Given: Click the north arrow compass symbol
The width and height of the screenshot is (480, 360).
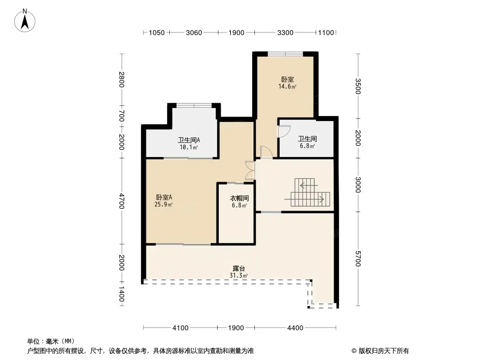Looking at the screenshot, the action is pyautogui.click(x=25, y=21).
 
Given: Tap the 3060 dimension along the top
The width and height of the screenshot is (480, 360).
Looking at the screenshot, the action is pyautogui.click(x=194, y=33).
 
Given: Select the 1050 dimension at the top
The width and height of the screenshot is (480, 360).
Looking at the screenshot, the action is pyautogui.click(x=157, y=33).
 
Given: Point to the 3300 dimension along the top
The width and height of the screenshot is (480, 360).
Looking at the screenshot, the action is pyautogui.click(x=285, y=33).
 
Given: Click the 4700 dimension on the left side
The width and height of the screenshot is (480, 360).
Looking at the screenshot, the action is pyautogui.click(x=122, y=201).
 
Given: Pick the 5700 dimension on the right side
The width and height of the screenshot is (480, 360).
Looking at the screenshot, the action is pyautogui.click(x=358, y=259).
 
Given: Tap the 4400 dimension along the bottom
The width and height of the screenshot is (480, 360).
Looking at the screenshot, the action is pyautogui.click(x=295, y=328).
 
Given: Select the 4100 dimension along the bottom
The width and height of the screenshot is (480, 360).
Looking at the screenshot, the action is pyautogui.click(x=180, y=328).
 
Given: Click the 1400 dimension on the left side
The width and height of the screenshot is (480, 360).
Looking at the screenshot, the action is pyautogui.click(x=122, y=294).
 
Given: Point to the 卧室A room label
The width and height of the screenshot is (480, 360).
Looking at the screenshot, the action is pyautogui.click(x=164, y=197).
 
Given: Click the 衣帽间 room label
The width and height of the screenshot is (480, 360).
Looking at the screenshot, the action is pyautogui.click(x=240, y=198).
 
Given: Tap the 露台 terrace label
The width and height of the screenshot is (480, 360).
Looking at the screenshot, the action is pyautogui.click(x=239, y=269).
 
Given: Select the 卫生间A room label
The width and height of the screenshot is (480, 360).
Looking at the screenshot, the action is pyautogui.click(x=189, y=140).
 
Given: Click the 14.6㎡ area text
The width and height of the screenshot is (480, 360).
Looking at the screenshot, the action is pyautogui.click(x=287, y=86).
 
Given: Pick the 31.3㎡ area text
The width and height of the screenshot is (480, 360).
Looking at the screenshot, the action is pyautogui.click(x=239, y=275).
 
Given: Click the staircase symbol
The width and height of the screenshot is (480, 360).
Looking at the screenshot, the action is pyautogui.click(x=307, y=192).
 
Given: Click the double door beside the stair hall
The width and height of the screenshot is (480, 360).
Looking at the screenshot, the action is pyautogui.click(x=250, y=170).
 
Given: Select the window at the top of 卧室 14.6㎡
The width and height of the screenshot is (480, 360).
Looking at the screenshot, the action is pyautogui.click(x=285, y=54).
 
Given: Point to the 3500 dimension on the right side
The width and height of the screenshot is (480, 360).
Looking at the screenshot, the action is pyautogui.click(x=358, y=86).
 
